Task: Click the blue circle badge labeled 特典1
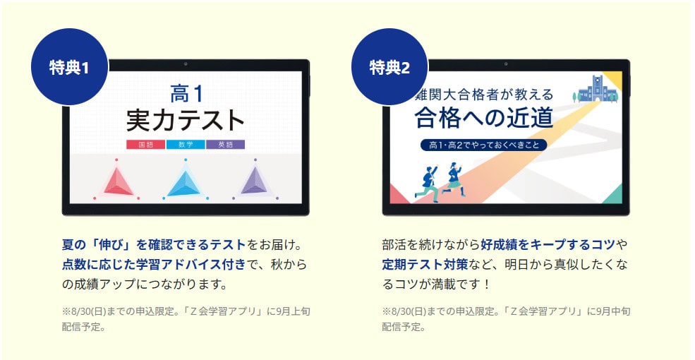69,67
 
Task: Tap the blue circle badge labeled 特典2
389,67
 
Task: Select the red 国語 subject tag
146,145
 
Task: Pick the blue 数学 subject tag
186,145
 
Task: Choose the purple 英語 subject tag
225,145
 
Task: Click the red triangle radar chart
116,183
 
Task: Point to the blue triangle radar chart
186,183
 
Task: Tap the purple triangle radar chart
255,183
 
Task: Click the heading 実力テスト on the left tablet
186,121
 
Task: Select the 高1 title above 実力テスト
186,94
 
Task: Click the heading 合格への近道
484,117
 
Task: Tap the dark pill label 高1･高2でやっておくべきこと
483,145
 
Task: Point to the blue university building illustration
596,89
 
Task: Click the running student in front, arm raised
427,184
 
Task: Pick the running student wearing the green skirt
453,179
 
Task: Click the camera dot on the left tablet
186,64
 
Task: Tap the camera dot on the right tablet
506,64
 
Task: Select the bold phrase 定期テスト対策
425,264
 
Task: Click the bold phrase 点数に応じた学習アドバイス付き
153,264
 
